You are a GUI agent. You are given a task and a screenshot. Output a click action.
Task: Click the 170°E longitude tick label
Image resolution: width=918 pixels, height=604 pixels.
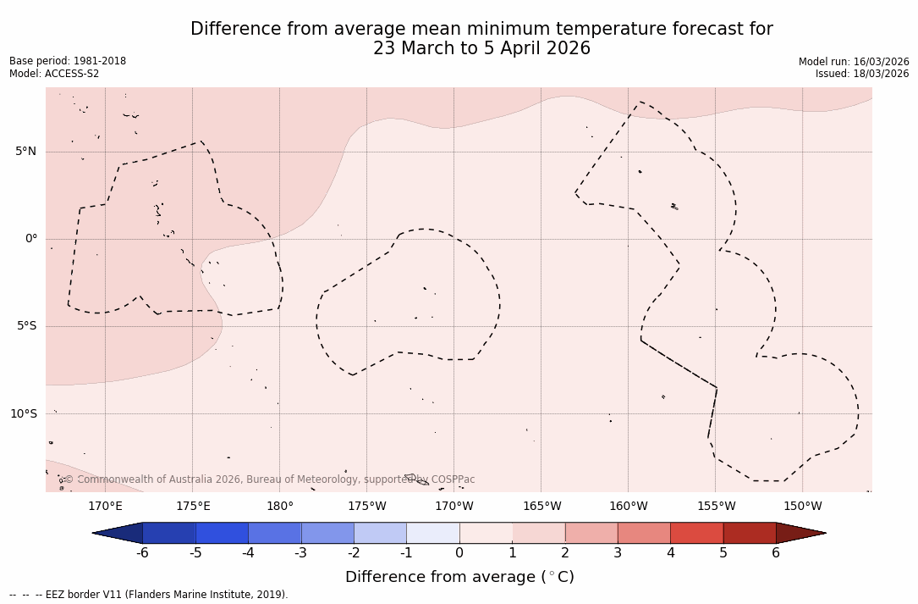point(105,507)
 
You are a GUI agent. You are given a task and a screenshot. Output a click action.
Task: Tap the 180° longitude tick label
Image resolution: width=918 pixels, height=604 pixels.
point(280,507)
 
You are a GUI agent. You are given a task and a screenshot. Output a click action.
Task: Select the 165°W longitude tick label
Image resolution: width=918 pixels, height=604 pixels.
point(541,507)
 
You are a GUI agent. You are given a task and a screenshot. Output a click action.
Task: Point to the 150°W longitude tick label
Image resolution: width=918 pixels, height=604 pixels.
point(803,507)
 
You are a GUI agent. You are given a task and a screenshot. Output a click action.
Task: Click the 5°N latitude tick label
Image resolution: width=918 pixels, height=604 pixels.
point(25,152)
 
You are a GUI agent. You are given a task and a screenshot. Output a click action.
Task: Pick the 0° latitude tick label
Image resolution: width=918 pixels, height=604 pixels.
point(31,239)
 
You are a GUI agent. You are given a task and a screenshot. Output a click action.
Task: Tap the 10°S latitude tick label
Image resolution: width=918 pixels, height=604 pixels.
point(23,414)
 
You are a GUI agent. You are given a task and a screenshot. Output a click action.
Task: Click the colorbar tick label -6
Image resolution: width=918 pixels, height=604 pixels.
point(142,553)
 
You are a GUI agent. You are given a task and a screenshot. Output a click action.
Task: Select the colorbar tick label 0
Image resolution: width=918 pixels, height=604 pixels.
point(459,553)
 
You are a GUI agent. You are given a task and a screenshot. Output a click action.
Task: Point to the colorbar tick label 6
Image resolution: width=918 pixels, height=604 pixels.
point(776,553)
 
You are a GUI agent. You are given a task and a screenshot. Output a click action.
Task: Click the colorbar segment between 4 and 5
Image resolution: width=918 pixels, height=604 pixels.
point(696,533)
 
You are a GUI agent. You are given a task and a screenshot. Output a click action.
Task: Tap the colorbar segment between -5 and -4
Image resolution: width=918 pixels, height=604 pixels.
point(222,533)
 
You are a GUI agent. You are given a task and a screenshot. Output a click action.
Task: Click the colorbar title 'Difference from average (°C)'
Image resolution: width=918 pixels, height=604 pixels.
point(459,578)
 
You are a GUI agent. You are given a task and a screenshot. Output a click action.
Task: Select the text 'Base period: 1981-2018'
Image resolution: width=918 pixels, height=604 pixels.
point(68,61)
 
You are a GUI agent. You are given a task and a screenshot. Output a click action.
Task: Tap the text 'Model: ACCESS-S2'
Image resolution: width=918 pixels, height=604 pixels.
point(54,74)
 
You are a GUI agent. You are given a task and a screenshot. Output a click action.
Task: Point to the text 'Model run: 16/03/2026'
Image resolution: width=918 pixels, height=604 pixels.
point(854,62)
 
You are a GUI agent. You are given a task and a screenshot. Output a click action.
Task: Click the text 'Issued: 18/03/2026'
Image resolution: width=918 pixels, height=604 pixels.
point(862,74)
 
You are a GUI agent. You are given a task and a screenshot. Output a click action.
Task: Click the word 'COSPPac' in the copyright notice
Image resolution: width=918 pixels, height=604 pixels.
point(453,479)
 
